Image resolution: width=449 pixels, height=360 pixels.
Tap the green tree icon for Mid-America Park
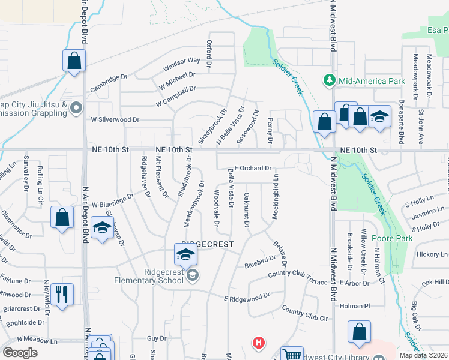click(x=329, y=80)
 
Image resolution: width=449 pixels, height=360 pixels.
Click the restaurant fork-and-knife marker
click(x=62, y=295)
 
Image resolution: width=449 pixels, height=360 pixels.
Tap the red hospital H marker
click(x=259, y=343)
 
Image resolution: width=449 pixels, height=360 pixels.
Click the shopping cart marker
click(x=292, y=355)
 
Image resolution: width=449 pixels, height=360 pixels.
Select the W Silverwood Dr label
click(x=115, y=120)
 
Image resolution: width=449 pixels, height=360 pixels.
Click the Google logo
click(x=20, y=353)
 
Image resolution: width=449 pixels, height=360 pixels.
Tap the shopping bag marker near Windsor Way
click(x=74, y=61)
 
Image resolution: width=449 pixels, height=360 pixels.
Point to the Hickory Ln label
click(x=432, y=254)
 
